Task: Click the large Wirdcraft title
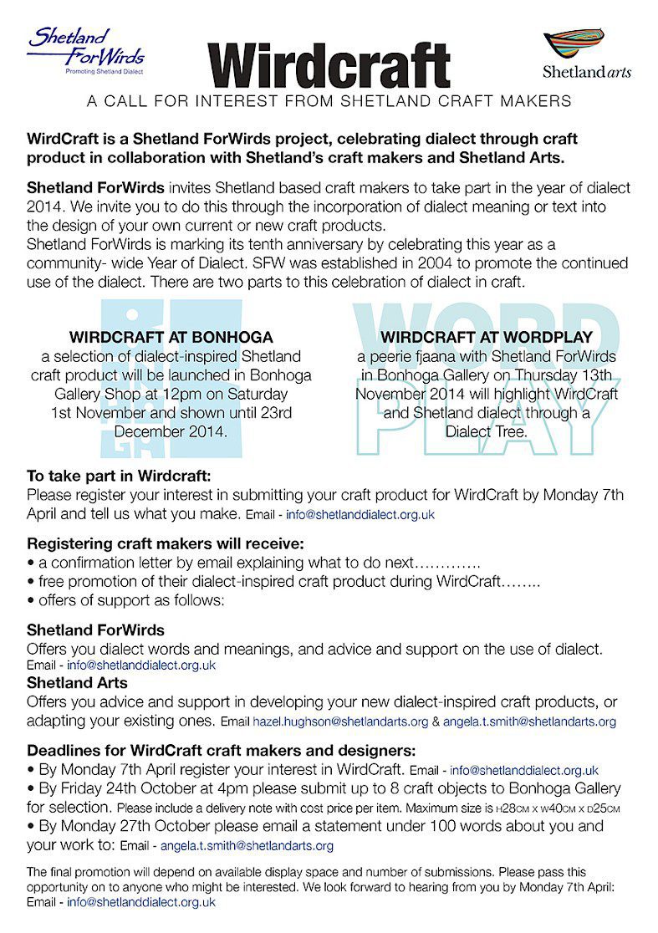[329, 65]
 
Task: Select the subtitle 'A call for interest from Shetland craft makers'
[329, 102]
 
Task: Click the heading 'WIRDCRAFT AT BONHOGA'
[171, 338]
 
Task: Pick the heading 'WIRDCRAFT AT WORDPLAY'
[486, 338]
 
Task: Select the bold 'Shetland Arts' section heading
[77, 683]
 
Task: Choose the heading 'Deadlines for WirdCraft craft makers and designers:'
[222, 750]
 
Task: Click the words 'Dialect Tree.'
[486, 432]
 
